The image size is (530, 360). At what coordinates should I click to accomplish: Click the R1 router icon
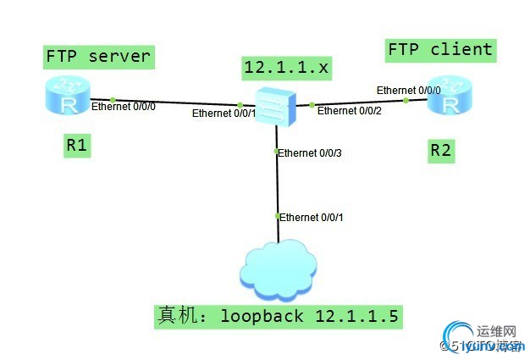(68, 99)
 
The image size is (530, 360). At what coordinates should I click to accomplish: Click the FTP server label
(98, 58)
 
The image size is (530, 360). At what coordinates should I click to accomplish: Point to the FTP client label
(439, 50)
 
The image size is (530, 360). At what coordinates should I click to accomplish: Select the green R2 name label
(440, 152)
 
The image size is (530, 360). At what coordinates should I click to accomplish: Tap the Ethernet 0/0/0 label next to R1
(124, 108)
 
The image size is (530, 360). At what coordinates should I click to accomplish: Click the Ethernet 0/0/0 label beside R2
(409, 90)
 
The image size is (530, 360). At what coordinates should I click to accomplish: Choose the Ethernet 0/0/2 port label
(350, 111)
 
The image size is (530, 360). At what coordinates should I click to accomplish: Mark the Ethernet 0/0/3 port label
(311, 153)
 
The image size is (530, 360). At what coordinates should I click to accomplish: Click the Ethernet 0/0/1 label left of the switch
(224, 113)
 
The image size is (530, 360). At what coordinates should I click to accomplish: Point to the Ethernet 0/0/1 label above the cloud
(312, 218)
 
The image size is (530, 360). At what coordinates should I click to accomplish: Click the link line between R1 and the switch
(169, 102)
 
